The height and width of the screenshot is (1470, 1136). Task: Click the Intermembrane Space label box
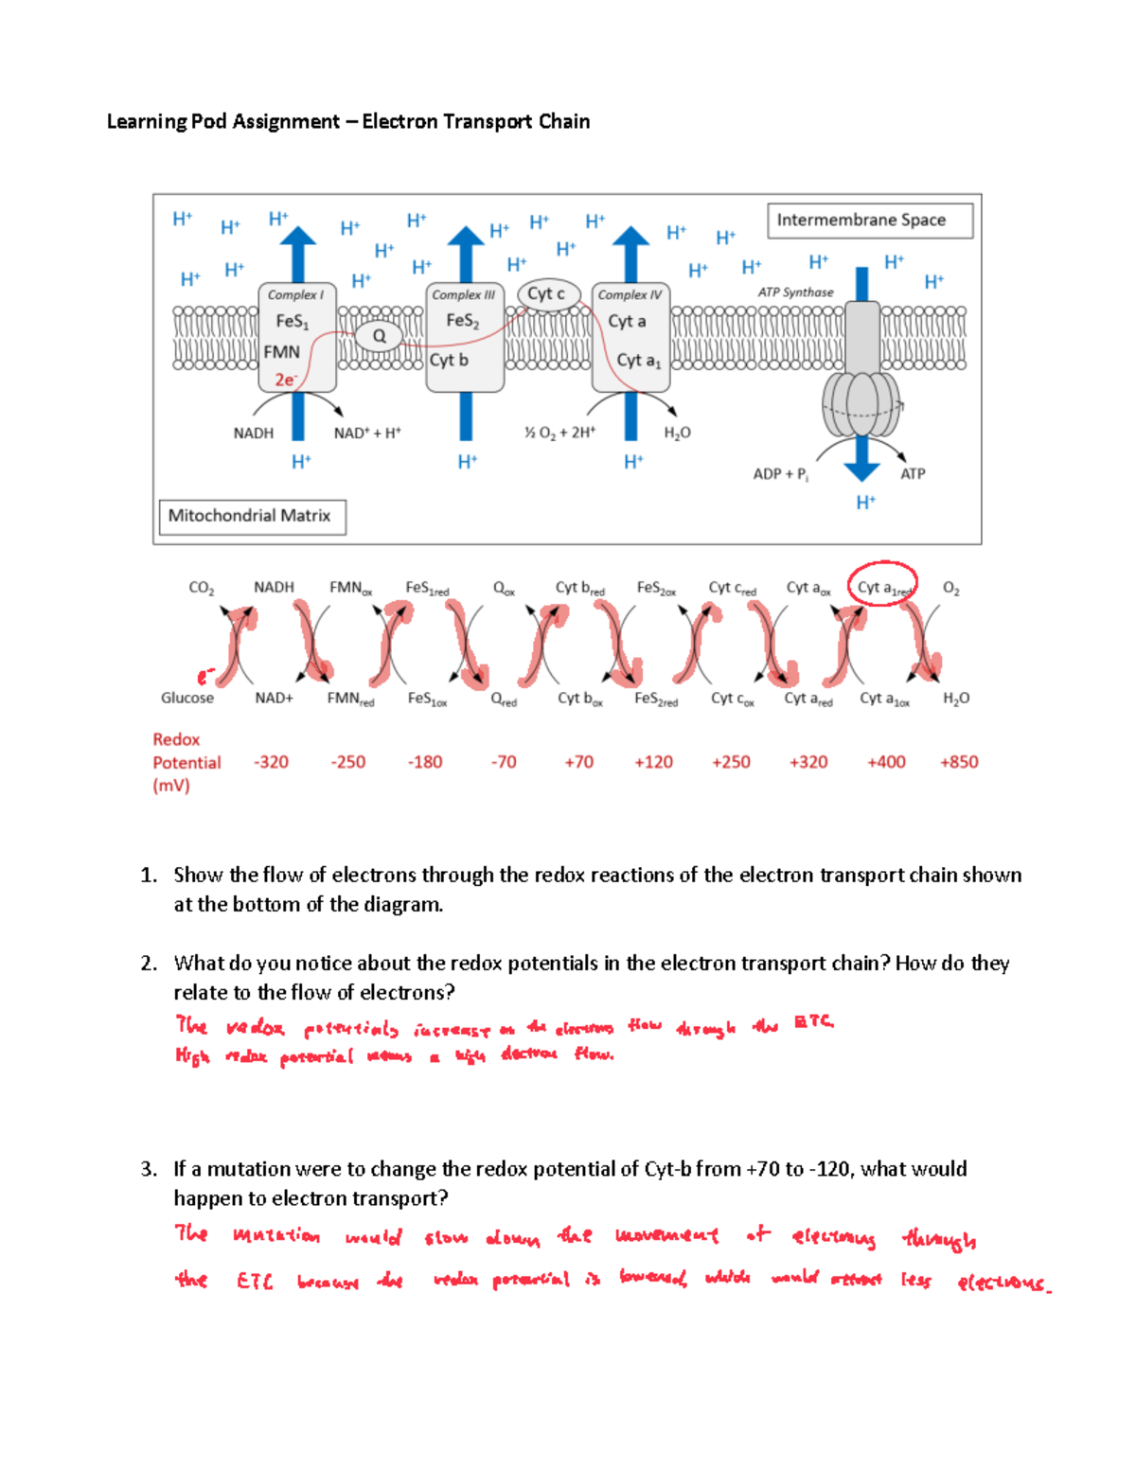pos(869,221)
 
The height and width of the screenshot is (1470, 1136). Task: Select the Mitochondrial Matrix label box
pos(252,517)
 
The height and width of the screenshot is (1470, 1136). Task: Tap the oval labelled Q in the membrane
pos(379,336)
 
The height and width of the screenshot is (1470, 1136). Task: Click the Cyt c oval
pos(546,294)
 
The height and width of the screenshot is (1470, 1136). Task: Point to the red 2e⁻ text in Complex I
pos(286,380)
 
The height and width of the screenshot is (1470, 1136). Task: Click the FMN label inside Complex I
pos(281,352)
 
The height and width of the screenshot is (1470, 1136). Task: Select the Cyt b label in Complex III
pos(449,361)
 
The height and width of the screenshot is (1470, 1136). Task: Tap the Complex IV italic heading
pos(630,295)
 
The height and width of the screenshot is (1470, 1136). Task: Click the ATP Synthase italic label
pos(795,292)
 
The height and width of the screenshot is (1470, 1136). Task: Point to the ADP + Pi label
pos(780,474)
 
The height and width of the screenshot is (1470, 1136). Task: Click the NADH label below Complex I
pos(253,434)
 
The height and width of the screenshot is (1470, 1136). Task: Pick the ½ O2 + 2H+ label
pos(559,434)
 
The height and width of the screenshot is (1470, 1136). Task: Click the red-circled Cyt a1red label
pos(882,588)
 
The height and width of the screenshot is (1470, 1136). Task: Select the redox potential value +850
pos(958,762)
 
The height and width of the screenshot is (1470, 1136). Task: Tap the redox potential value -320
pos(271,762)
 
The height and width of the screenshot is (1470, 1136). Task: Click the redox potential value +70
pos(578,762)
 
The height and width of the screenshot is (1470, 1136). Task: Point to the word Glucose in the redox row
pos(187,699)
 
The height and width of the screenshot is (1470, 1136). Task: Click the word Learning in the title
pos(147,122)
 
